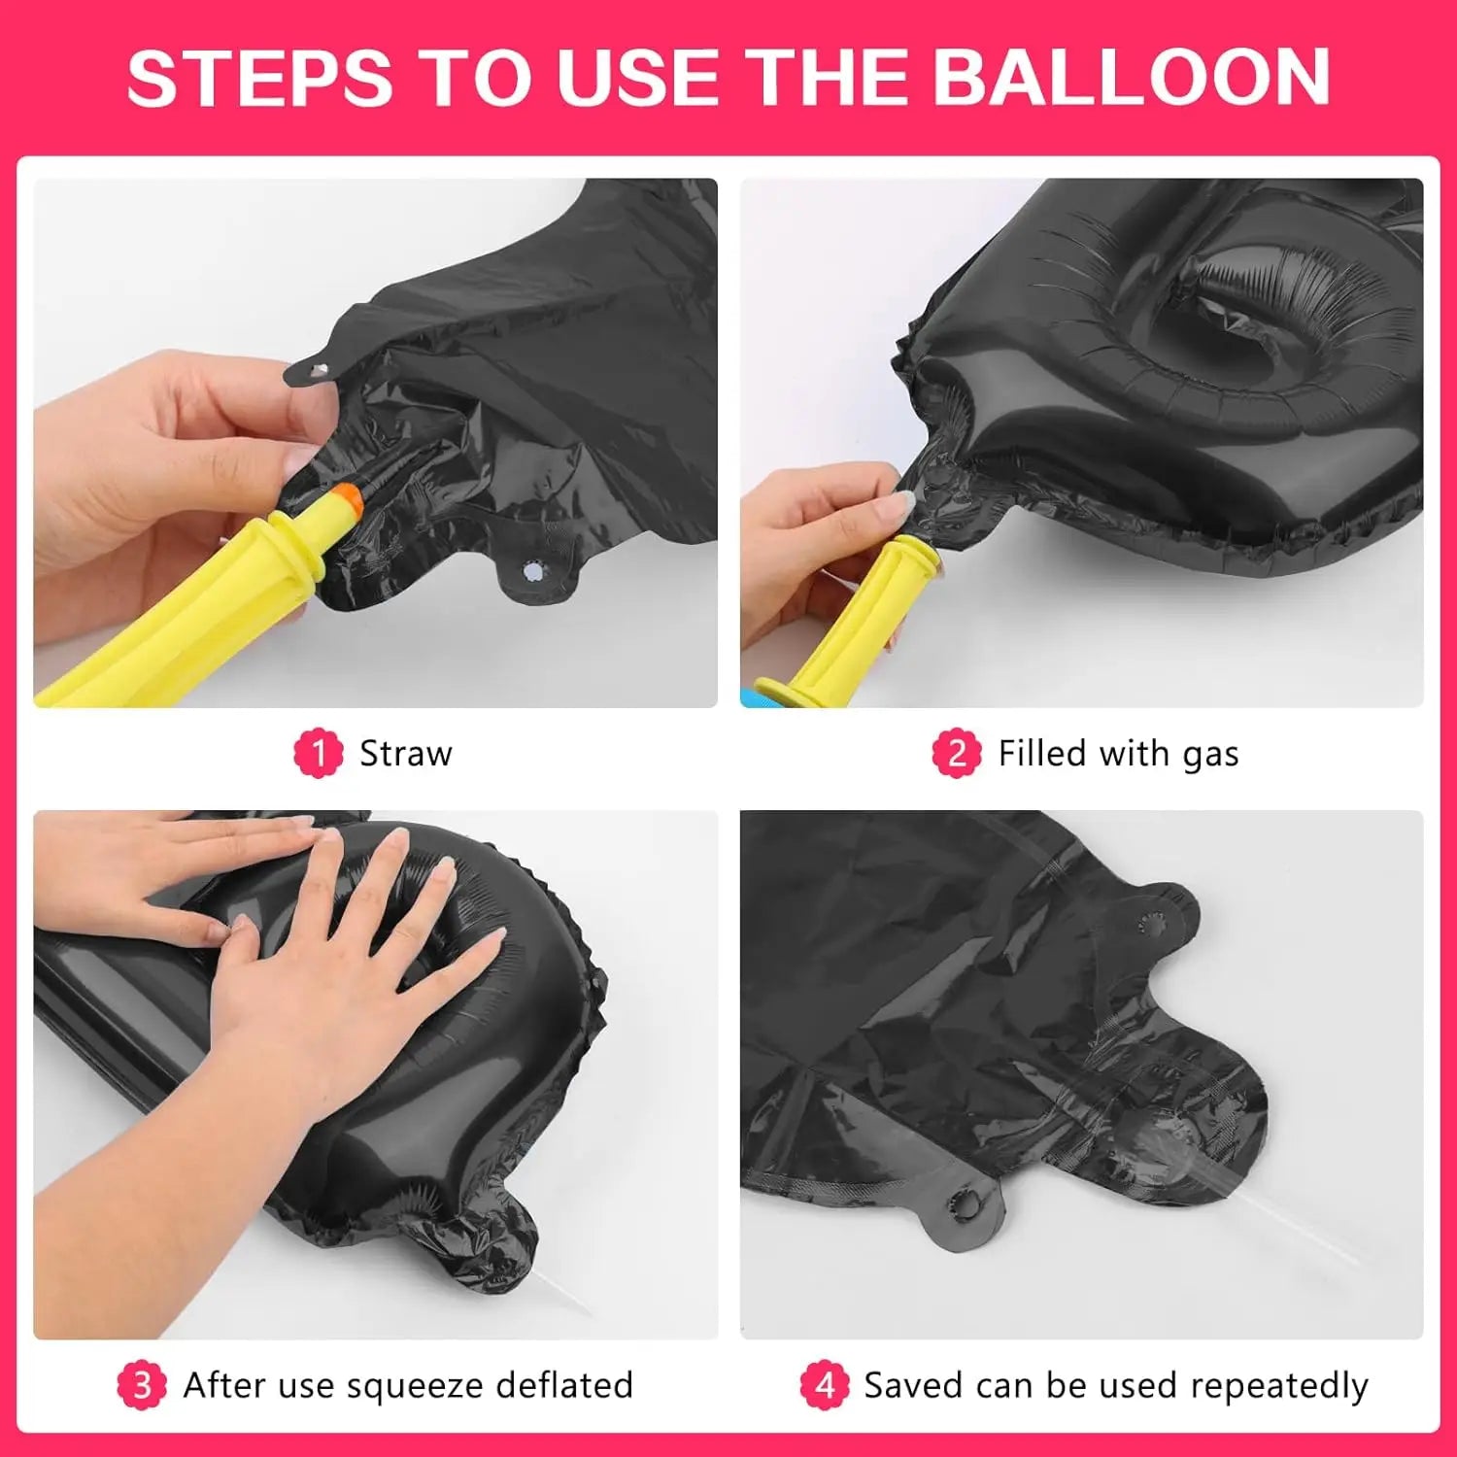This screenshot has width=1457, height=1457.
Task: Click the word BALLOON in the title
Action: click(1136, 77)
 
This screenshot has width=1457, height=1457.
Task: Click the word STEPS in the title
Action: click(259, 77)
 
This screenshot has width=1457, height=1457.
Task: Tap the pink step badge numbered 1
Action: click(319, 753)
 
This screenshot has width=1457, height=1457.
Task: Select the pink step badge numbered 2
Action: click(957, 753)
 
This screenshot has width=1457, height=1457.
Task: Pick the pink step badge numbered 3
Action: click(142, 1384)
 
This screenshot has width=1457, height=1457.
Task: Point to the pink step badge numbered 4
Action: click(824, 1384)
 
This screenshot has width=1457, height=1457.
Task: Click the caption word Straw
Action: click(406, 754)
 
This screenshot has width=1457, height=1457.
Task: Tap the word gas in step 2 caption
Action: click(1210, 757)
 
